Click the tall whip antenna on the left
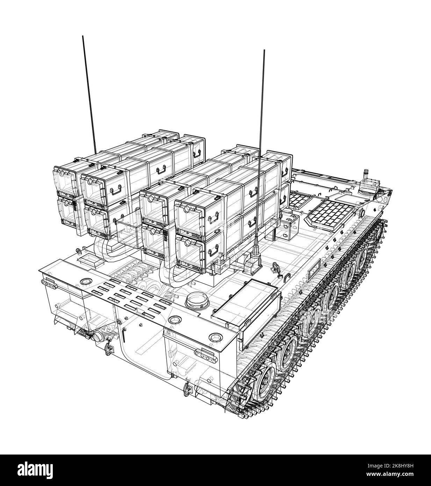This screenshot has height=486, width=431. point(89,95)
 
